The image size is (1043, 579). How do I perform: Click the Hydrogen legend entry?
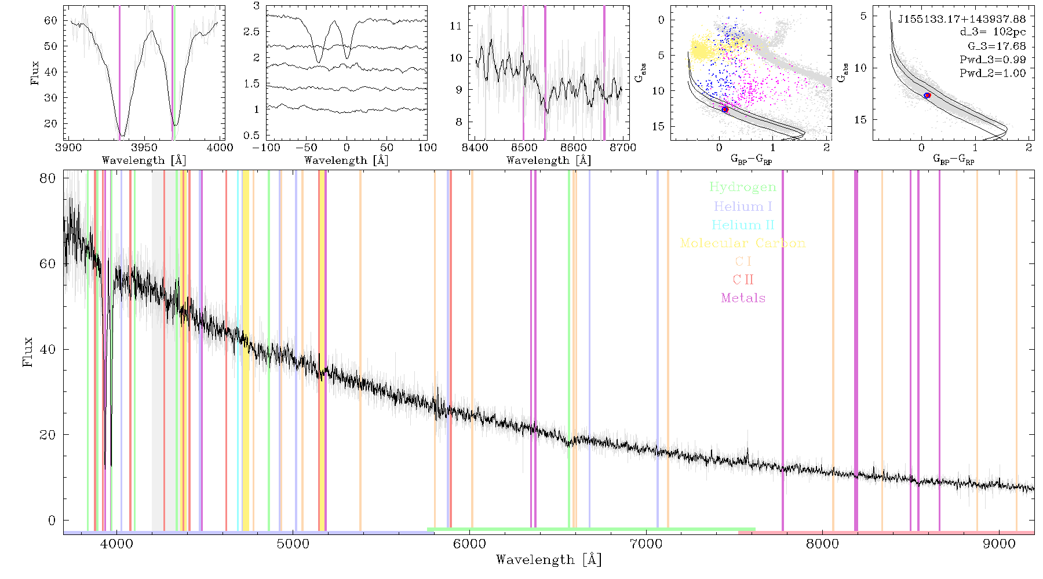pos(743,187)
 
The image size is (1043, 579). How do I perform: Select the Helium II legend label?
pos(743,225)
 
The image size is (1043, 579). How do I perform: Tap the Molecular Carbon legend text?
pos(743,243)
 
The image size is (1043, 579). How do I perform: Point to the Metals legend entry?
pos(743,298)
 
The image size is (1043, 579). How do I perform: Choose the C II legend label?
pos(743,280)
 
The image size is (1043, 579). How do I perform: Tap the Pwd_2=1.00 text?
pos(993,73)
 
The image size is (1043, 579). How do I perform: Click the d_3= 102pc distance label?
pos(993,32)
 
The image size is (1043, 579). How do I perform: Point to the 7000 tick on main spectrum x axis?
pos(646,544)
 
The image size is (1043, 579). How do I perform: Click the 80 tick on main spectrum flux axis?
pos(48,178)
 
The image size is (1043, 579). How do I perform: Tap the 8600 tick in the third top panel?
pos(574,148)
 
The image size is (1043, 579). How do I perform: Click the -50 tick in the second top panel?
pos(307,148)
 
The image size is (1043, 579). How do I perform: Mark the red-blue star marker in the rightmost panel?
pos(927,95)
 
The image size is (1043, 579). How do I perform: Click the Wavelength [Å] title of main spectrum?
pos(549,560)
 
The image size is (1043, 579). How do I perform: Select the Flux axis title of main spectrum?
pos(27,352)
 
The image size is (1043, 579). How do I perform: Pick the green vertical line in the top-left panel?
pos(174,72)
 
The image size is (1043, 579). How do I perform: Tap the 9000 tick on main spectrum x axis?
pos(999,544)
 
